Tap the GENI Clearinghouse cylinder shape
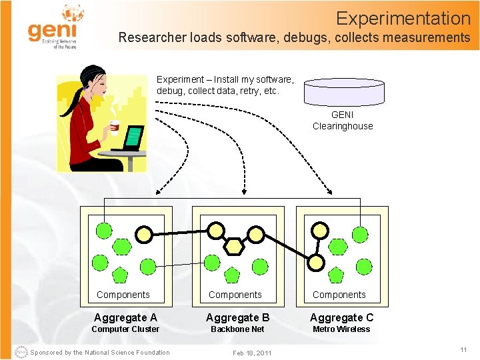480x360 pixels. [344, 90]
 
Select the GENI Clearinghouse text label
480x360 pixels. [343, 121]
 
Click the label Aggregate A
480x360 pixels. [125, 317]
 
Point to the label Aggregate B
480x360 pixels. [237, 317]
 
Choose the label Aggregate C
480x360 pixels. [341, 317]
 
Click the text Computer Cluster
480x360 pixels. [125, 329]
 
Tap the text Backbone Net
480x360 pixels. [237, 329]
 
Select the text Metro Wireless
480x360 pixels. [341, 329]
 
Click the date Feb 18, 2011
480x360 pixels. [252, 353]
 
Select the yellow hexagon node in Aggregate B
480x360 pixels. [234, 246]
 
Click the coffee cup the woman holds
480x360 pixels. [114, 126]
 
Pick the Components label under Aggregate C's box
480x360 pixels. [339, 295]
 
